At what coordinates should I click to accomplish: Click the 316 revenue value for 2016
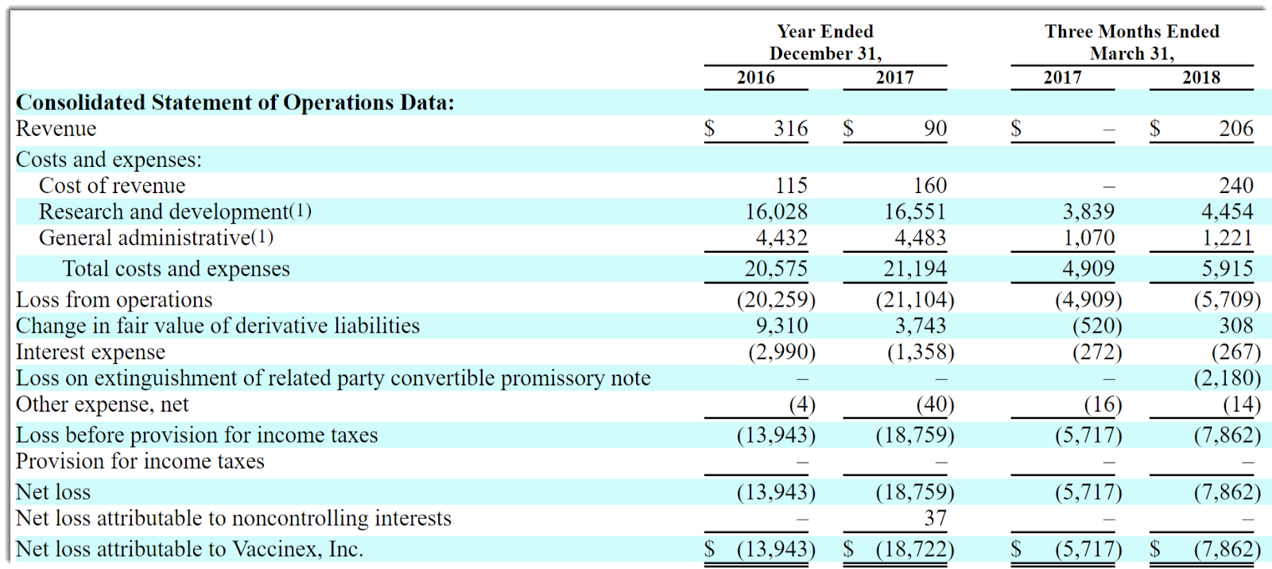tap(790, 129)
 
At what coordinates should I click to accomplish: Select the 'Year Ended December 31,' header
tap(825, 42)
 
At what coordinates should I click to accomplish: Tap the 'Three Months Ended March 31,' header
tap(1131, 42)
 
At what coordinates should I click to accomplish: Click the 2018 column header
tap(1200, 78)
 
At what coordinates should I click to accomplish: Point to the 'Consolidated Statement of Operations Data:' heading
tap(235, 103)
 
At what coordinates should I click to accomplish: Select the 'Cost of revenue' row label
tap(112, 186)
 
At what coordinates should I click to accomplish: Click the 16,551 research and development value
tap(915, 212)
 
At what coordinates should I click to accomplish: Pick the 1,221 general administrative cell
tap(1227, 238)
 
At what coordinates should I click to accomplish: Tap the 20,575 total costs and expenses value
tap(776, 269)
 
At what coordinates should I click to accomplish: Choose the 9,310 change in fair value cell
tap(781, 326)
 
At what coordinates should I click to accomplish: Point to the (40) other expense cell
tap(935, 404)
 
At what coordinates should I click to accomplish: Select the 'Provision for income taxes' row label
tap(140, 462)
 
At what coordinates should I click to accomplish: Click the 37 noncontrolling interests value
tap(935, 519)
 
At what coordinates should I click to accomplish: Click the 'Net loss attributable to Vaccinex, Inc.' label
tap(189, 549)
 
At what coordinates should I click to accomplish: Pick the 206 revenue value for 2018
tap(1235, 129)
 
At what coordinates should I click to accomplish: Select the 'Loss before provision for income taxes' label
tap(196, 435)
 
